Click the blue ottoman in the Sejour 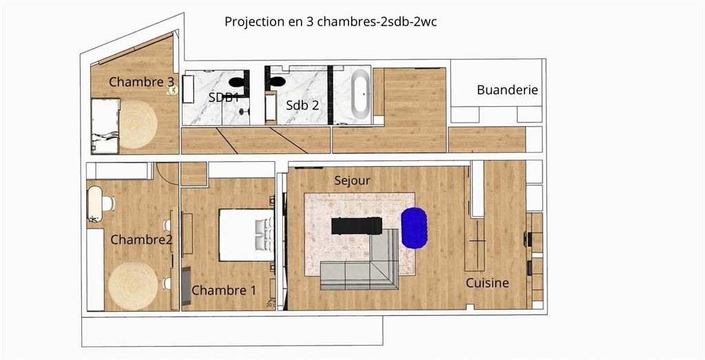point(414,228)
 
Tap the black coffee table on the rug point(357,226)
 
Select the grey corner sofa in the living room point(359,265)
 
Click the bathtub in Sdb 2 point(361,94)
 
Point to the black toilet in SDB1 point(236,82)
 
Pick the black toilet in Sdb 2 point(277,81)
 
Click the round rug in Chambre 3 point(138,125)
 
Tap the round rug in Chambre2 point(133,286)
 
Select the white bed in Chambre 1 point(246,235)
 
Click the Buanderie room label point(507,90)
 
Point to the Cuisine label point(487,283)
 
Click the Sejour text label point(352,180)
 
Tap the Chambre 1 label point(224,290)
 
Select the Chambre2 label point(142,240)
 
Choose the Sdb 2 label point(303,105)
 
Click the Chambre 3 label point(142,82)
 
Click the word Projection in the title point(253,22)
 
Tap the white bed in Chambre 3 point(105,126)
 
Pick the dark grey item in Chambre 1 point(186,286)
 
